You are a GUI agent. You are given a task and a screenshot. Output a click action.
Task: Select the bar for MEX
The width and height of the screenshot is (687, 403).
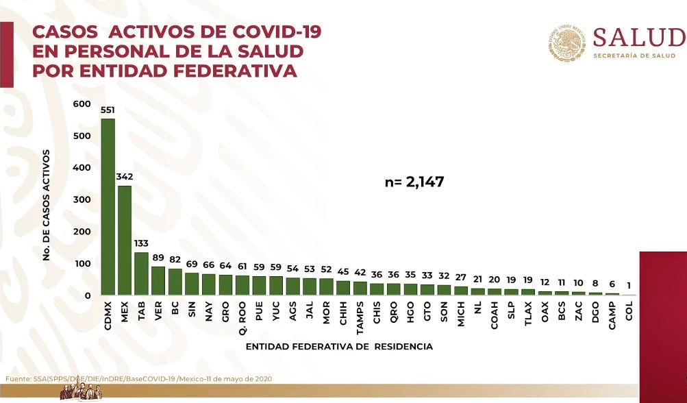[125, 240]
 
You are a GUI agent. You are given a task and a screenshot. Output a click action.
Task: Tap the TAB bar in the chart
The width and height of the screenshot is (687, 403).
[141, 273]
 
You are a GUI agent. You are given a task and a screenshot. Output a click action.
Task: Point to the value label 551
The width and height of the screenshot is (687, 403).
[108, 110]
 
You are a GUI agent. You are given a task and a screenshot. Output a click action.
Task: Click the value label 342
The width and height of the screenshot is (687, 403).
[125, 177]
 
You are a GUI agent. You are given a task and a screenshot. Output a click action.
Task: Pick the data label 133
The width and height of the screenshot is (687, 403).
[141, 243]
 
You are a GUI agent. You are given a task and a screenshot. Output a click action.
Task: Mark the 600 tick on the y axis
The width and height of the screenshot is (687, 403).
[82, 103]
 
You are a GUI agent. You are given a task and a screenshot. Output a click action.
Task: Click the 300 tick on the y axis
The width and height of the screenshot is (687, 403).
[82, 199]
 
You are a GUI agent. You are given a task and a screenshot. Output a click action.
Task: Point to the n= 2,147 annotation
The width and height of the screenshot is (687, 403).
[415, 182]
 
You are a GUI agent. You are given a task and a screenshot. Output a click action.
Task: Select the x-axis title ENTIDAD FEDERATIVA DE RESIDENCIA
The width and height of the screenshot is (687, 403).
[339, 347]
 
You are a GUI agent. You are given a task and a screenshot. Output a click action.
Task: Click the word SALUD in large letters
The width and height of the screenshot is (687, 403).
[639, 38]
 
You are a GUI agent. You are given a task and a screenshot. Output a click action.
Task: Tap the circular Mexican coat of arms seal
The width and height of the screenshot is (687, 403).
[567, 43]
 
